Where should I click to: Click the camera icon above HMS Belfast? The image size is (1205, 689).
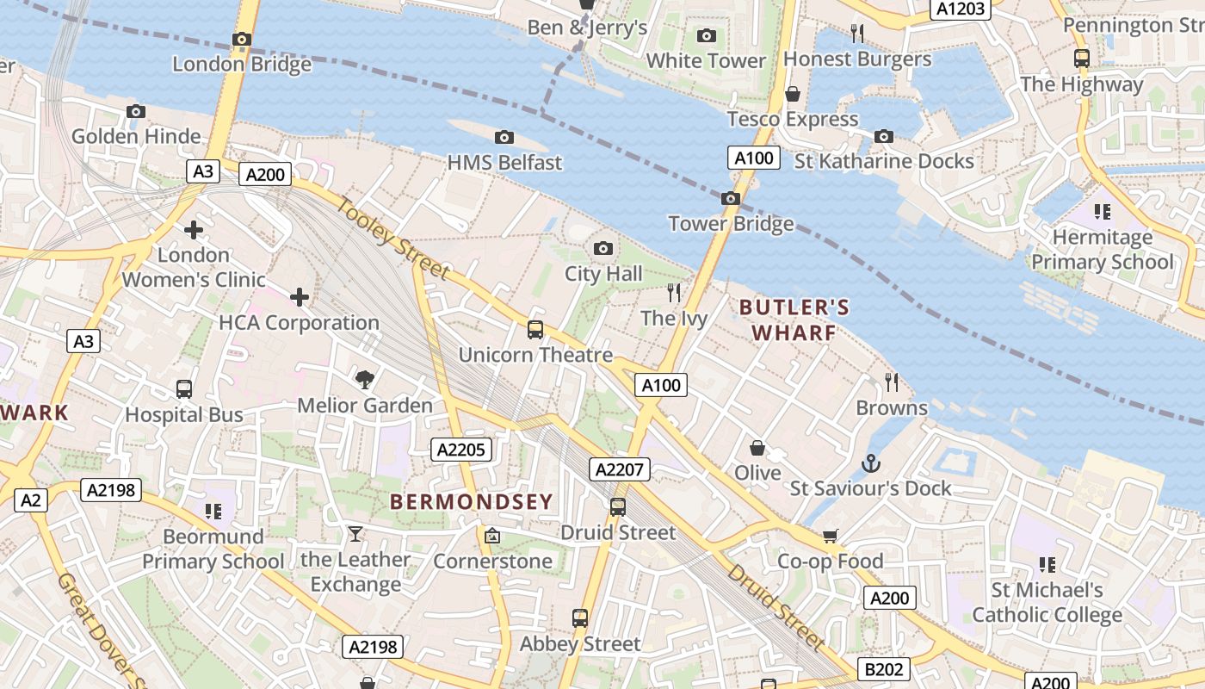505,138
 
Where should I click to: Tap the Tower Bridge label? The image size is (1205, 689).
731,224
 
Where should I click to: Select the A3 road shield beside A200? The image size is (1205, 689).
202,171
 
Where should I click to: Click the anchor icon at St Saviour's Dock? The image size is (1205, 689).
871,463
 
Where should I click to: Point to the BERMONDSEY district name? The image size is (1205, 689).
472,501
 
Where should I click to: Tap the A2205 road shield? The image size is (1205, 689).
462,450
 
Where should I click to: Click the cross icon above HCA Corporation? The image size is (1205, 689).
300,298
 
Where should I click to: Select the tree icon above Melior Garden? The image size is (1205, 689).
365,380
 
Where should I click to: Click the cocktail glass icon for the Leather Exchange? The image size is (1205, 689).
355,535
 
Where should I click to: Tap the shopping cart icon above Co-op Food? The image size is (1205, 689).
830,537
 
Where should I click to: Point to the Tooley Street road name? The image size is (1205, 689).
392,239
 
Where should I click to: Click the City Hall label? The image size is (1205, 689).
603,274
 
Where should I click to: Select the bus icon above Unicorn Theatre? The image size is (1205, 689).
535,330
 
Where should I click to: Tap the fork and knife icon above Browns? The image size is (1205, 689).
892,382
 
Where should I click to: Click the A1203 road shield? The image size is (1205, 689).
961,9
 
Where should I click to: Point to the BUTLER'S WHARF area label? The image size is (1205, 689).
794,320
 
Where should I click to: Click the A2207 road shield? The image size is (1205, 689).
620,469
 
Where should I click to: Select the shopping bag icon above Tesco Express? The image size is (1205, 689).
793,94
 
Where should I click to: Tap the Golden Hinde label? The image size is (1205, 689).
136,136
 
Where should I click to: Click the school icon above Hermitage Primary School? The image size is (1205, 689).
1102,212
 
